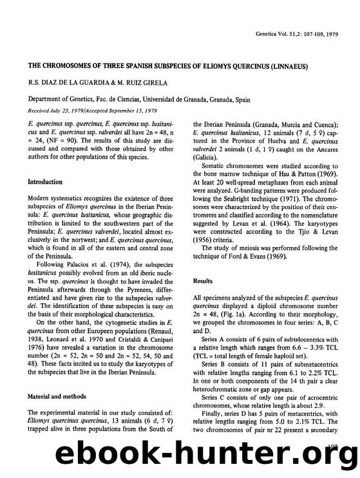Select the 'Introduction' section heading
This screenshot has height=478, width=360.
[x=44, y=182]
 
